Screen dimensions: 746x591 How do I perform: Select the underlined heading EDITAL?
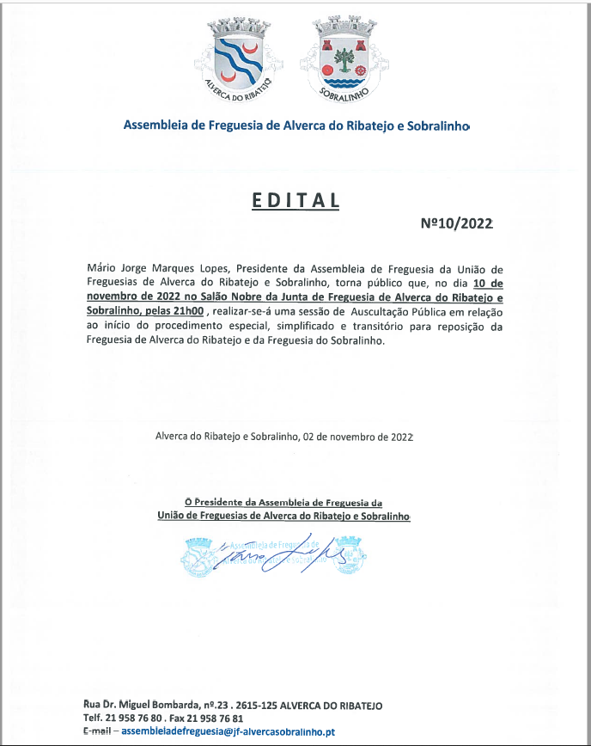click(295, 200)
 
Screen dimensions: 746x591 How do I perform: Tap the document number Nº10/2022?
click(456, 223)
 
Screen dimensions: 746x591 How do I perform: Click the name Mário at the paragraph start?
click(101, 268)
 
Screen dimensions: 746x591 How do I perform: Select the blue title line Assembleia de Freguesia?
click(295, 125)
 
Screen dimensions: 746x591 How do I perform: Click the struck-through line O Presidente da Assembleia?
click(283, 502)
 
